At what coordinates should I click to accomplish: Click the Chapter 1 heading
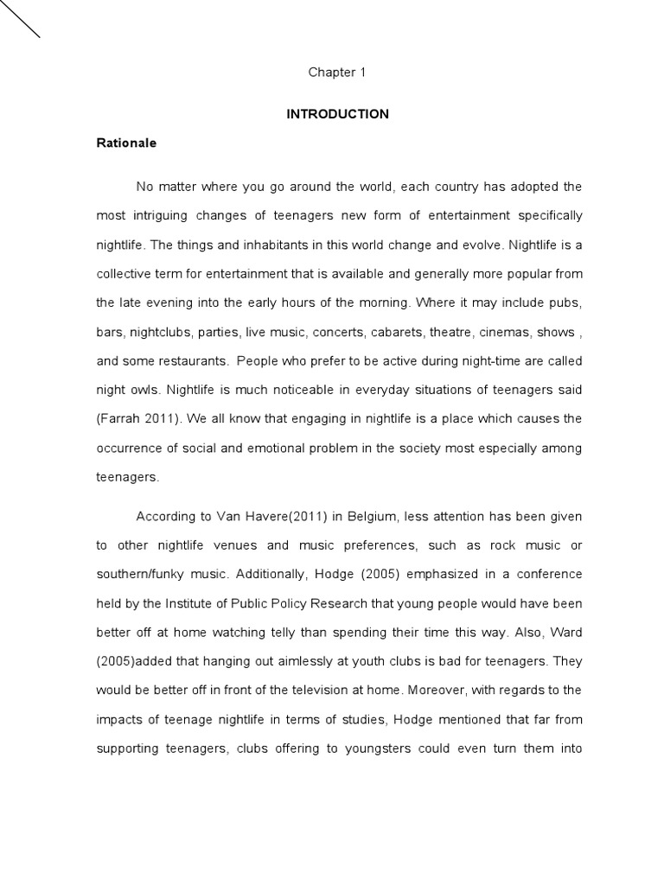337,73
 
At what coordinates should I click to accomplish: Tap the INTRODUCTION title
337,114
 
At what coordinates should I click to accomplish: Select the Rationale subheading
126,143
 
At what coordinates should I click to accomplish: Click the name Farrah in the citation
119,419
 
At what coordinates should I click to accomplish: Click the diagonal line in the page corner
20,19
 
